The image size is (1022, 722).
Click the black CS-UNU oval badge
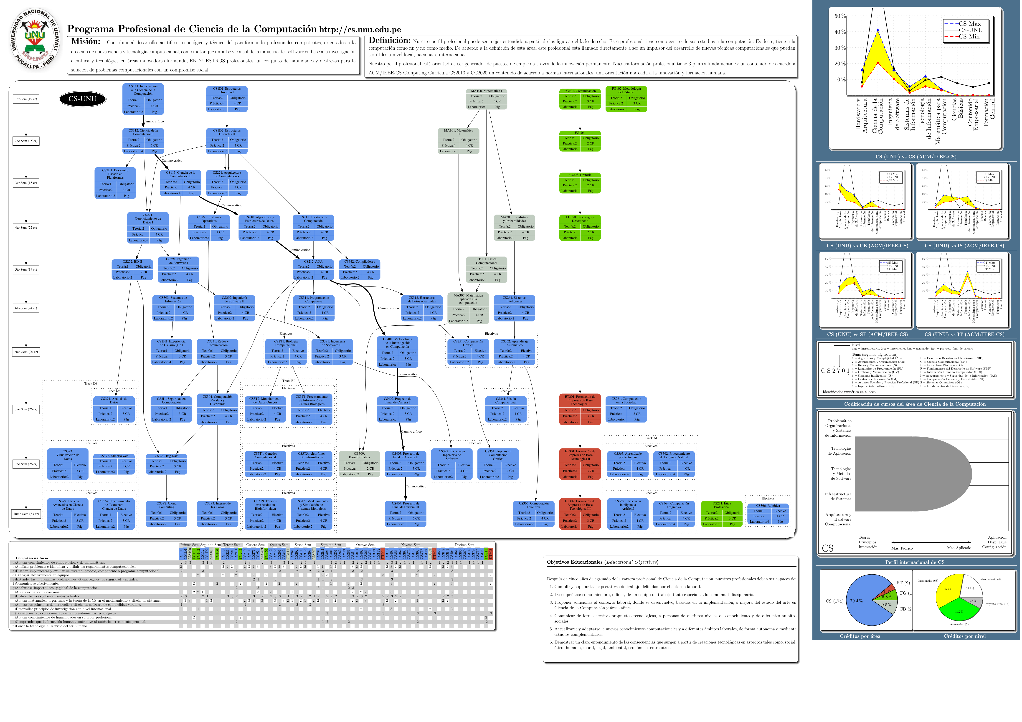[82, 99]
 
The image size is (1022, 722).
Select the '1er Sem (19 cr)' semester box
[26, 99]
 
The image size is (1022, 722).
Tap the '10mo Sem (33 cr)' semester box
[26, 514]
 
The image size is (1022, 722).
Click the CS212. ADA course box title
[313, 262]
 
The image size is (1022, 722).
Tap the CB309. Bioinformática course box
[359, 464]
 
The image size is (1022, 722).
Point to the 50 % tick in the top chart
[839, 16]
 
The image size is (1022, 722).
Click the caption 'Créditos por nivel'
[965, 636]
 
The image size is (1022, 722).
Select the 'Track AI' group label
[651, 438]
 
